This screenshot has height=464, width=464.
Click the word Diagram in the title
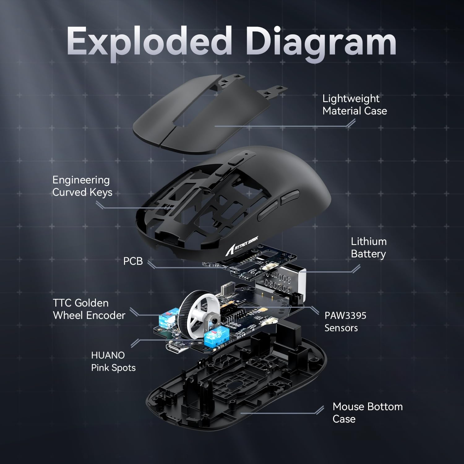click(x=322, y=43)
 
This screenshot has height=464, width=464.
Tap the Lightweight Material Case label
click(x=354, y=105)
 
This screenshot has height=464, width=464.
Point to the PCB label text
click(x=133, y=261)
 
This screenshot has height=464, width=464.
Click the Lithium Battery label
click(x=368, y=247)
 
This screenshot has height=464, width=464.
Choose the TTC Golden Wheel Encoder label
click(x=89, y=309)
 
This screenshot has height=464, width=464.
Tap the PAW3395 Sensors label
click(x=345, y=322)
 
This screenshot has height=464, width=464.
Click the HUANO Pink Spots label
click(x=113, y=361)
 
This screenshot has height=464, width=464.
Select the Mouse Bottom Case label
click(x=367, y=412)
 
